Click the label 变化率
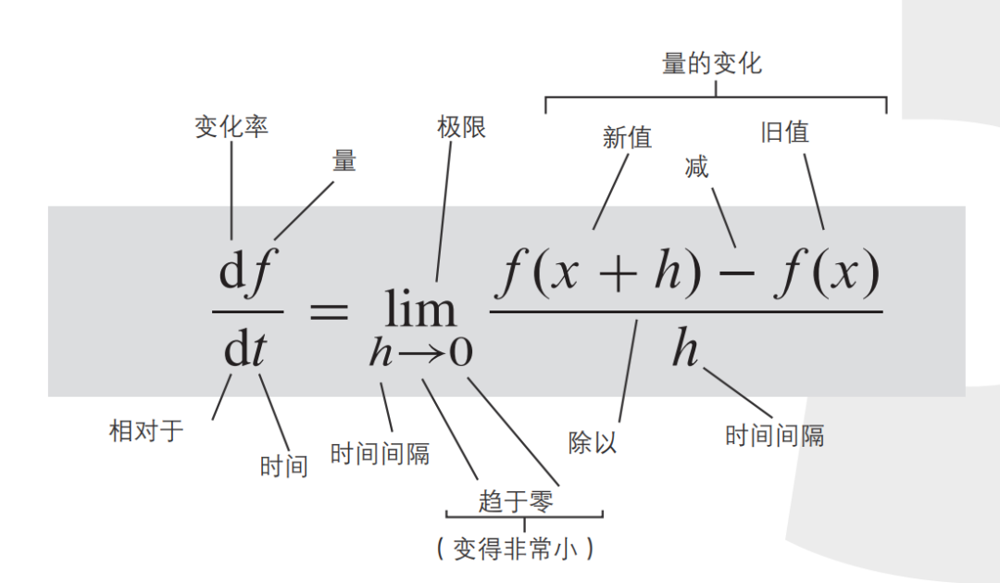231,127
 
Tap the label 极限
461,127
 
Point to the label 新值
627,138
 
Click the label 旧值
784,133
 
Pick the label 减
696,168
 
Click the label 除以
593,442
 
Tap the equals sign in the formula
328,310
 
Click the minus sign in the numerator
737,277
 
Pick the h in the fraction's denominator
685,350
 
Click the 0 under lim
460,353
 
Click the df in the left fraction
244,273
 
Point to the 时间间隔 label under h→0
380,454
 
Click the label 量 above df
344,160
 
